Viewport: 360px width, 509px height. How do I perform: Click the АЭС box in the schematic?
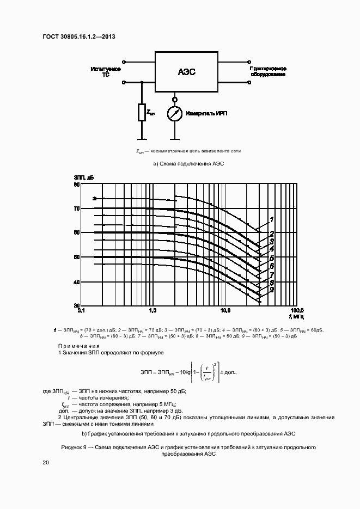tap(186, 72)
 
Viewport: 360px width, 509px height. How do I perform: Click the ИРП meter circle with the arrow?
tap(175, 114)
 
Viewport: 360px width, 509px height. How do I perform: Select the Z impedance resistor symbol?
tap(142, 113)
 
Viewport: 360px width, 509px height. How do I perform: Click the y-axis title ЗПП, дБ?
tap(84, 178)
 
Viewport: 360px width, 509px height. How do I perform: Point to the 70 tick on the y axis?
tap(76, 208)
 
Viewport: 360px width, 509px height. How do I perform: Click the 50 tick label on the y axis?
tap(76, 257)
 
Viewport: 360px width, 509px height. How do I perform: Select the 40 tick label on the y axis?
tap(76, 281)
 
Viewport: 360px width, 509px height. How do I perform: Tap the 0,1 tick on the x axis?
tap(81, 310)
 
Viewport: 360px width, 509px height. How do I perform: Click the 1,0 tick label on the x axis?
tap(152, 310)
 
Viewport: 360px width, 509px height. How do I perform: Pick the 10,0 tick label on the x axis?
tap(225, 310)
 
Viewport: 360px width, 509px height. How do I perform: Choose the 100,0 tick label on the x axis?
tap(296, 310)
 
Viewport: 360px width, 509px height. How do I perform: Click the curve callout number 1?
tap(271, 220)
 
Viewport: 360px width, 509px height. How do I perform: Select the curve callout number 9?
tap(271, 290)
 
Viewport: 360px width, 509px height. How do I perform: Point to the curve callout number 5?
tap(271, 258)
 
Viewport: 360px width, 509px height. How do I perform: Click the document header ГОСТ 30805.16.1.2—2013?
tap(79, 37)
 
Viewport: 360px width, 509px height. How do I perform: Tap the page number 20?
tap(46, 462)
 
